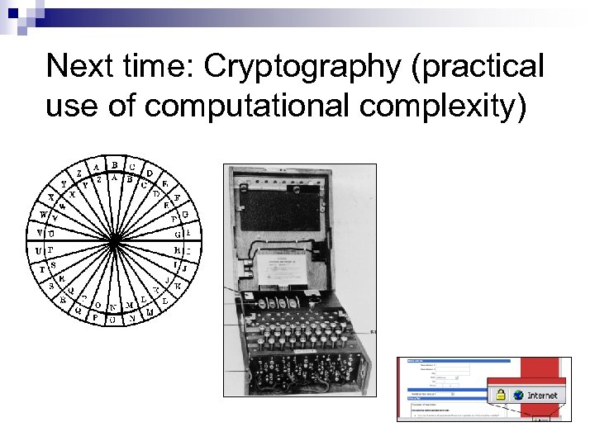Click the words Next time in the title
[x=121, y=68]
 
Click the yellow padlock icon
[x=499, y=395]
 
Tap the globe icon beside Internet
[x=518, y=395]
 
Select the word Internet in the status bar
[x=542, y=395]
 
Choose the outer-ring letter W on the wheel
[x=44, y=216]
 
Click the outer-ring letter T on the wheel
[x=36, y=269]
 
